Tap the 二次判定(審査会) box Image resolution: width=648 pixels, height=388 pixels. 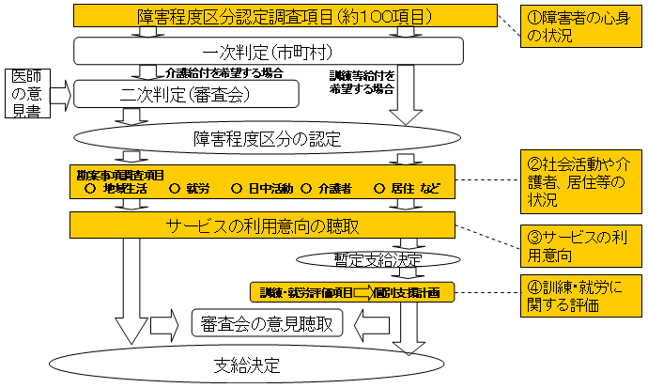coord(186,93)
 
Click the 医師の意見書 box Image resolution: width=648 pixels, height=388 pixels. coord(22,93)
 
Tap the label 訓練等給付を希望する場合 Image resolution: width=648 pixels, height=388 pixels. coord(362,81)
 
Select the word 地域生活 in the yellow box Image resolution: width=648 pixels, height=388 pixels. coord(122,188)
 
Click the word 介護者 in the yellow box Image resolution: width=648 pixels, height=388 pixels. coord(334,188)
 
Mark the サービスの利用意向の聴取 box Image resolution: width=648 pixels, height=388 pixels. coord(262,225)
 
